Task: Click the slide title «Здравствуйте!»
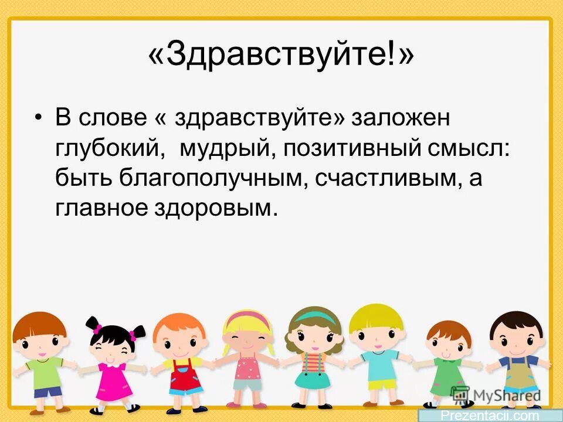[281, 56]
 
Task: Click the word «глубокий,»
[108, 149]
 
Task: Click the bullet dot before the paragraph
[39, 119]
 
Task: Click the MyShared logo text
[504, 394]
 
